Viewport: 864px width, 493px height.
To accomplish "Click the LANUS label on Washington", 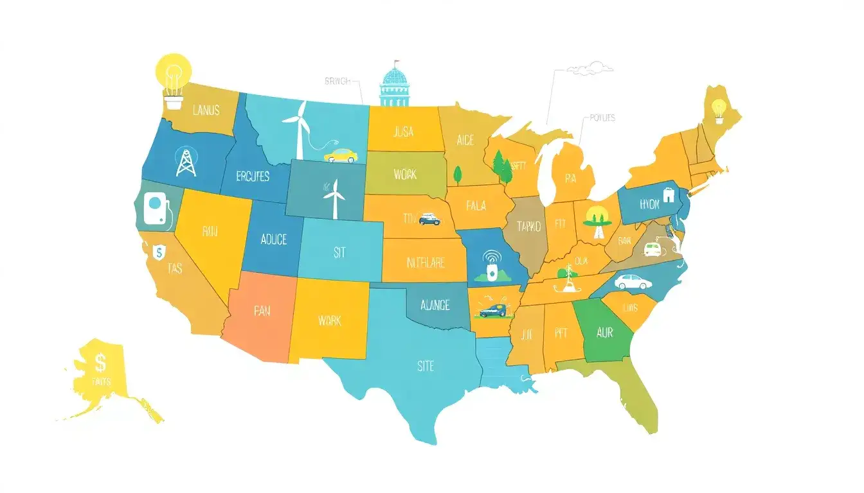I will click(x=206, y=110).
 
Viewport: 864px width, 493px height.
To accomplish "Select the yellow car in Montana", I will click(x=341, y=155).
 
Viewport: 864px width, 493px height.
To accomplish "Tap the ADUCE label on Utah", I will click(x=274, y=239).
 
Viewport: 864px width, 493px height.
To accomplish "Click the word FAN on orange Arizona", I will click(x=262, y=311).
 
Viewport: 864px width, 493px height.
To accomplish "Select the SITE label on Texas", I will click(x=425, y=366).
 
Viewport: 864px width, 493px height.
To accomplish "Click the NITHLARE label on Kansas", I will click(x=426, y=263).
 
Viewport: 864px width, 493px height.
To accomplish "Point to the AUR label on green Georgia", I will click(x=604, y=334).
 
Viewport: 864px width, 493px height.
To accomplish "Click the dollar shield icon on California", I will click(x=158, y=252).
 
